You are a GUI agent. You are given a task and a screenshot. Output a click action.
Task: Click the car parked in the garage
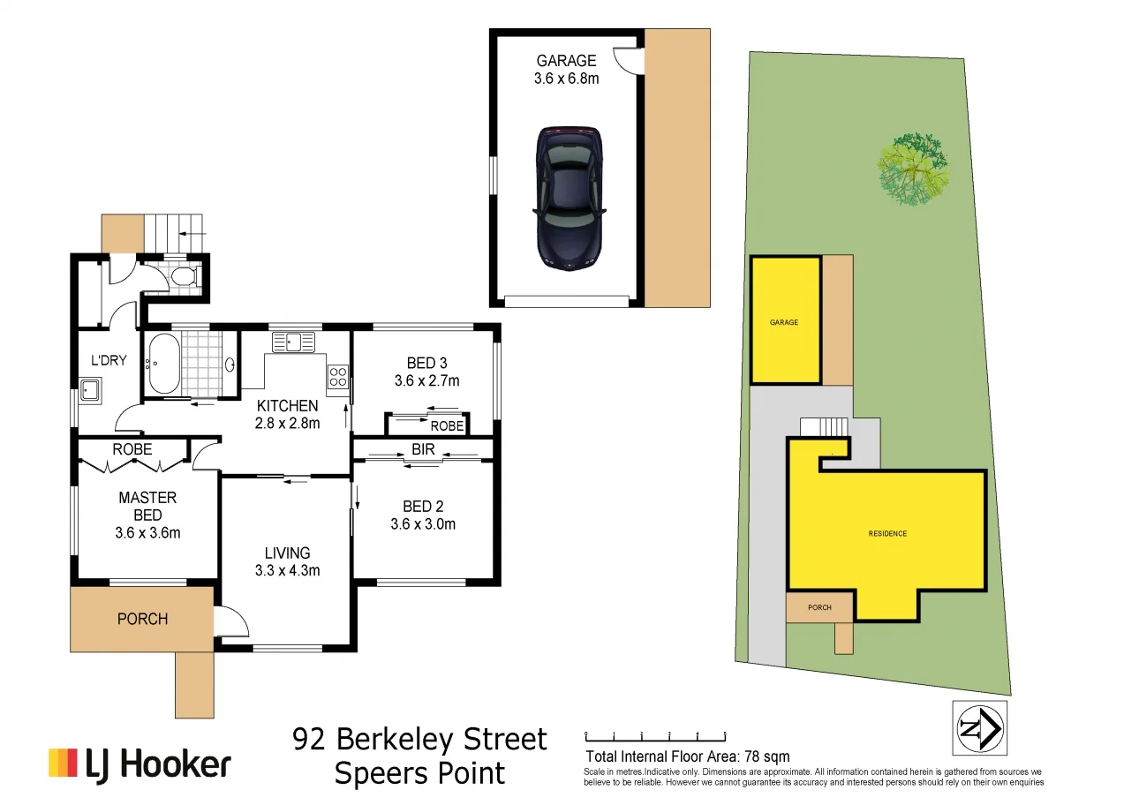[x=569, y=198]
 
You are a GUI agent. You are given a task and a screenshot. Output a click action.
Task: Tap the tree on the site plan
[x=913, y=169]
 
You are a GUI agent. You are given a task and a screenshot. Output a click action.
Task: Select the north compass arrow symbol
[x=979, y=728]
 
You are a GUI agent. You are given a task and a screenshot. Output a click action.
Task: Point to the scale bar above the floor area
[x=654, y=734]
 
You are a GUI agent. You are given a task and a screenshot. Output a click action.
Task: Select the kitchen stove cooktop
[x=338, y=377]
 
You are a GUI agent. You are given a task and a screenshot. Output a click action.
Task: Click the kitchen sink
[x=293, y=342]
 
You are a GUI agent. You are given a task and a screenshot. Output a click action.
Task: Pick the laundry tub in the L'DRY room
[x=90, y=389]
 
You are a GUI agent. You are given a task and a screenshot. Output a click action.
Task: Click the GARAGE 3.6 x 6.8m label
[x=566, y=70]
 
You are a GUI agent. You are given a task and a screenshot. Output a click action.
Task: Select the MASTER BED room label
[x=147, y=507]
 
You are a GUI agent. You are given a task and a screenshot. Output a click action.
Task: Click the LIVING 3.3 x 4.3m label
[x=287, y=561]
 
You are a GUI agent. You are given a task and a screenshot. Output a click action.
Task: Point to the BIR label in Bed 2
[x=423, y=450]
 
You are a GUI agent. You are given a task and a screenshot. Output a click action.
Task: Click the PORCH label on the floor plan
[x=142, y=619]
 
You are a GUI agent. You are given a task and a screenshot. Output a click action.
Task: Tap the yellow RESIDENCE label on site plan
[x=886, y=533]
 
